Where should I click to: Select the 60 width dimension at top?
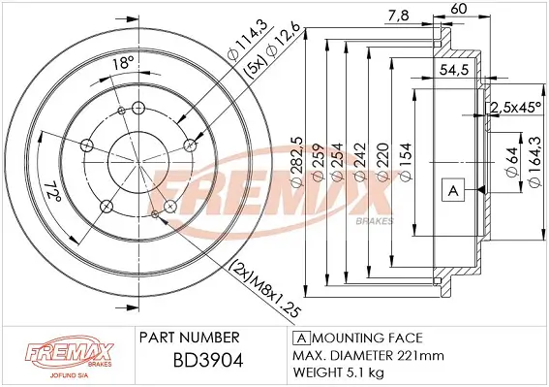tap(460, 10)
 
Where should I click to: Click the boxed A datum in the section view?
tap(452, 189)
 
